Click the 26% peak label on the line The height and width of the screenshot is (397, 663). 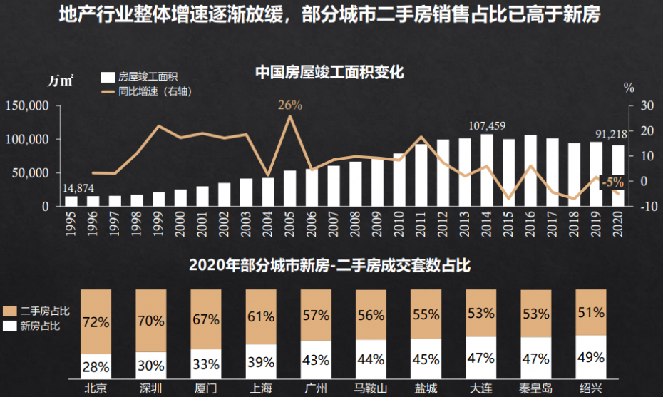(x=290, y=105)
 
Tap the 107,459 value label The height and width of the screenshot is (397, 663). (x=487, y=126)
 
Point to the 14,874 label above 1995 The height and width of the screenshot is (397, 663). (x=78, y=188)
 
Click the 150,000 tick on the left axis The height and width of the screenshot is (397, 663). (x=26, y=105)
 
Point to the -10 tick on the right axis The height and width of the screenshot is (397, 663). (x=641, y=207)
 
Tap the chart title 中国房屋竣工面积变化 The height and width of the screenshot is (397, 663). (x=329, y=71)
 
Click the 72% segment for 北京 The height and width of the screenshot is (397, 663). (x=96, y=321)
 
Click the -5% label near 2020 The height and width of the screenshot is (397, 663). (x=612, y=182)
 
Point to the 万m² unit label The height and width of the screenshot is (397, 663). (x=61, y=81)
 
